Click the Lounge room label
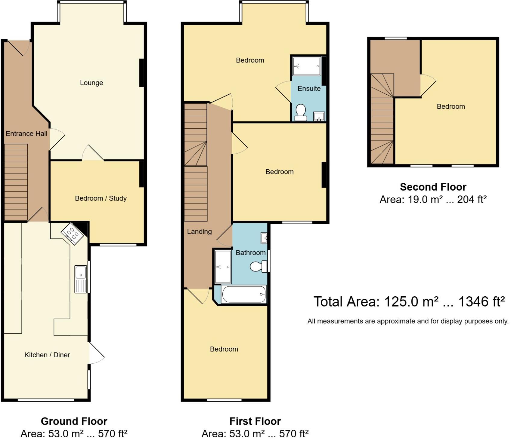tap(91, 83)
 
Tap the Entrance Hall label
tap(26, 133)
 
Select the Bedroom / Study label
tap(101, 198)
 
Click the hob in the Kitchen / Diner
tap(72, 234)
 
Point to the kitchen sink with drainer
tap(80, 279)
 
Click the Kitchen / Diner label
tap(47, 355)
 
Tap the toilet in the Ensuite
tap(301, 112)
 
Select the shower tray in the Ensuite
tap(307, 66)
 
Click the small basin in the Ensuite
tap(319, 116)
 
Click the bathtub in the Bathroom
tap(244, 295)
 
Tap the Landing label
tap(199, 231)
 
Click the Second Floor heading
tap(433, 187)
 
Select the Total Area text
tap(409, 301)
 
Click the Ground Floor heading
tap(74, 421)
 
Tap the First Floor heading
tap(255, 421)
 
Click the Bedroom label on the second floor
tap(451, 106)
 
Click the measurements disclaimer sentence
tap(408, 321)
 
